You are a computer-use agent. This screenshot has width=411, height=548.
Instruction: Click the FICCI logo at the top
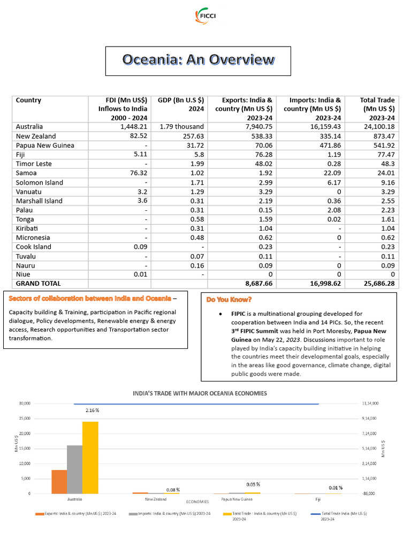coord(205,16)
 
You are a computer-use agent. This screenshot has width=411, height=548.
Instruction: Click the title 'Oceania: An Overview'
coord(198,59)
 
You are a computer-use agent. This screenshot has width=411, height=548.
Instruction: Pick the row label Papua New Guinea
coord(45,146)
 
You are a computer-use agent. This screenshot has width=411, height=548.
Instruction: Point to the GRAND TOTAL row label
coord(39,283)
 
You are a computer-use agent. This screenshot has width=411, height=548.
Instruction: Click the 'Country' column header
coord(28,100)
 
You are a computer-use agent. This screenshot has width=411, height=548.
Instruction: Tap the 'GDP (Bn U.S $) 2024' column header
coord(181,104)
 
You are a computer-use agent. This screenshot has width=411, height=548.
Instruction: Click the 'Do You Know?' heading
coord(229,299)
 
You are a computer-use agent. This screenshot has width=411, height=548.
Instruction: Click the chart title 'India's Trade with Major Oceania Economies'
coord(199,393)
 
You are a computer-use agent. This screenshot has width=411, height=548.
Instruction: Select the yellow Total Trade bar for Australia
coord(90,458)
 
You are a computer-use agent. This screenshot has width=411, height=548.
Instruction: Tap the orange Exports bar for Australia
coord(59,482)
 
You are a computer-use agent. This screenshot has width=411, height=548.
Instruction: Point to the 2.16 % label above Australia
coord(93,410)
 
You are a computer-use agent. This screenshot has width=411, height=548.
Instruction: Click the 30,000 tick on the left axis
coord(25,403)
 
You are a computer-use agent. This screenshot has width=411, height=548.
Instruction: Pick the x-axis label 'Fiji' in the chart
coord(318,499)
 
